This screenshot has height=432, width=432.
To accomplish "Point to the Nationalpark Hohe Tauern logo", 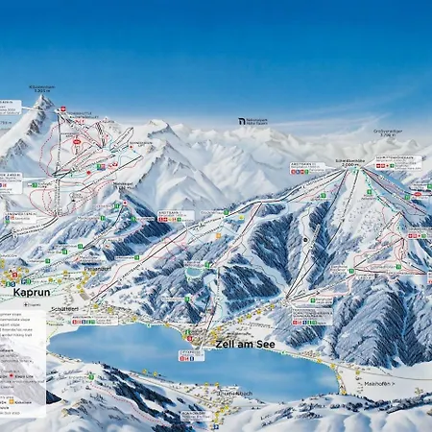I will (x=255, y=123).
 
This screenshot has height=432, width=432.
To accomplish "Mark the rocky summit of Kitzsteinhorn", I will (x=42, y=101).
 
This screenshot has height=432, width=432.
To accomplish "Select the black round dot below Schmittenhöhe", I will (x=306, y=240).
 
